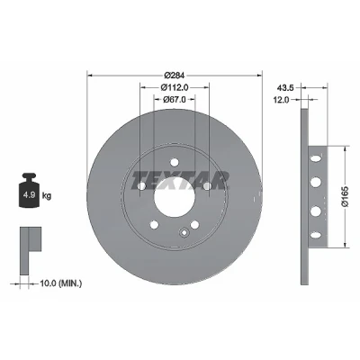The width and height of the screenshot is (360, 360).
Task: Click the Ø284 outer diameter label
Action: point(175,75)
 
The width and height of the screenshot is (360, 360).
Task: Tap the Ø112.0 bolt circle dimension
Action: point(175,87)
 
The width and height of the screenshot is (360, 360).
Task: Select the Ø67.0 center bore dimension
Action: point(175,99)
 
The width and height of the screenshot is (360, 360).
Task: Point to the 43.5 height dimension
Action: point(284,87)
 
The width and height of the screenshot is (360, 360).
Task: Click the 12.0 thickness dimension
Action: point(281,100)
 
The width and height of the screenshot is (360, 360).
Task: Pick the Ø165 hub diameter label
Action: point(346,196)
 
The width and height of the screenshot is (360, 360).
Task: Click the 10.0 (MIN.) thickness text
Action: point(61,283)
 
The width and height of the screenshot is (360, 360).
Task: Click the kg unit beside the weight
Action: point(47,196)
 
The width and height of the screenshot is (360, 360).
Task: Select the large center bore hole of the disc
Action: point(175,196)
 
